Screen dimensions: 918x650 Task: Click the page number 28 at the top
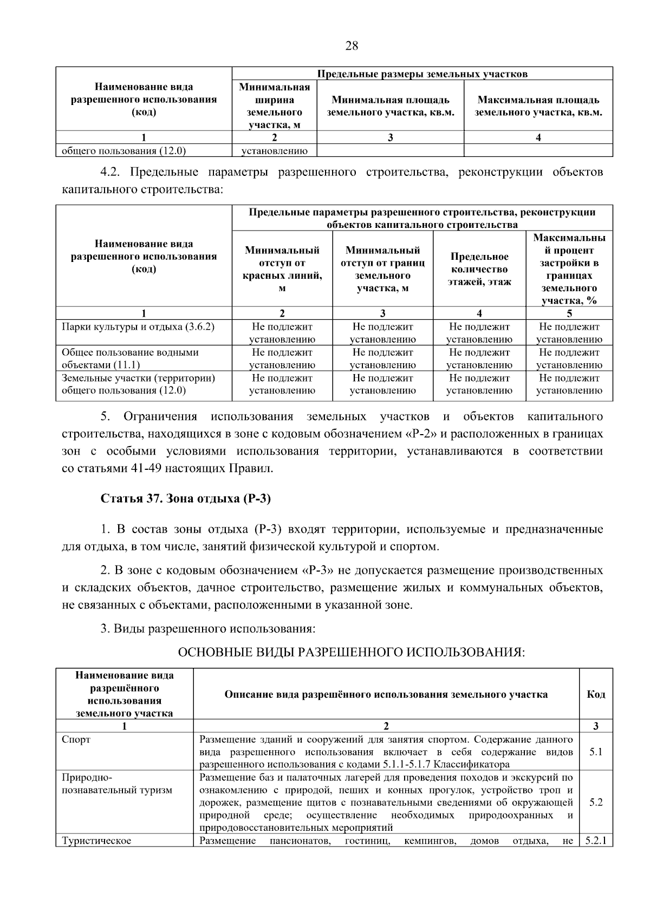[x=352, y=46]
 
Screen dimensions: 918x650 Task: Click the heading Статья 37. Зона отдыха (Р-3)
[x=186, y=499]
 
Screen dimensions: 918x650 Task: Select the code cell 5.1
[x=596, y=752]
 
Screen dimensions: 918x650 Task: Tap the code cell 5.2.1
[x=596, y=841]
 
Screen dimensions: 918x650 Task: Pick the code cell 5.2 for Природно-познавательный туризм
[x=596, y=802]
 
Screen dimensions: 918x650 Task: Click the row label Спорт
[x=76, y=739]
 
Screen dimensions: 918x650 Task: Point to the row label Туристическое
[x=97, y=841]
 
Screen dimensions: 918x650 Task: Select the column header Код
[x=596, y=694]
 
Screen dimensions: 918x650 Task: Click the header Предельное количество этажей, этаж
[x=479, y=269]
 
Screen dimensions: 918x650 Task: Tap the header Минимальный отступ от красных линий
[x=282, y=269]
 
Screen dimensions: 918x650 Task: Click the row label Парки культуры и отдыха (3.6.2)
[x=138, y=327]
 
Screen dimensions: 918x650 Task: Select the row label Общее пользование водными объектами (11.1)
[x=130, y=358]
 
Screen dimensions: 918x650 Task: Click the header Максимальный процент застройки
[x=569, y=269]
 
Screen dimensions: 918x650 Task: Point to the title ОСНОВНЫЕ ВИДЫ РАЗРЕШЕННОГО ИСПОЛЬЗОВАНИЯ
[x=352, y=652]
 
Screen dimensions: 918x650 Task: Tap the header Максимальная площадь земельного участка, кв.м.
[x=538, y=106]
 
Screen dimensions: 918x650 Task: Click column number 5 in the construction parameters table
[x=569, y=313]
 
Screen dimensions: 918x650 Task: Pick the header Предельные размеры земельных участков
[x=422, y=74]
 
